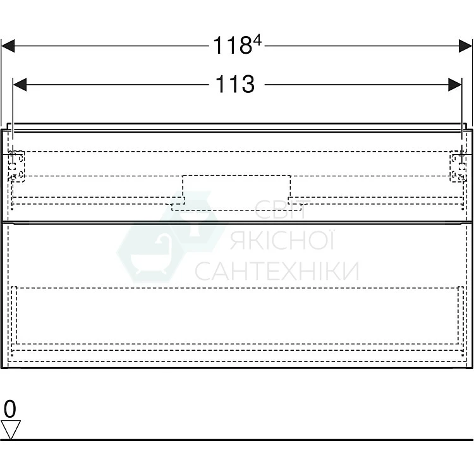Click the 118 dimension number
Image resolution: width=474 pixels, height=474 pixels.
(233, 46)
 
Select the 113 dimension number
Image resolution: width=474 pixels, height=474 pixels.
(235, 83)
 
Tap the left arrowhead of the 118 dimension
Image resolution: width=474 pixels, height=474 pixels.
(8, 46)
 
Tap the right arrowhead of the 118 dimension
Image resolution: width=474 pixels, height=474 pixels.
(465, 46)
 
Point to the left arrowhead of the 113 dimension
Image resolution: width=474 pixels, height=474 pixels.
(20, 85)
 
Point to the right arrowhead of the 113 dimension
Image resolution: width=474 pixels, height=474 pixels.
(455, 85)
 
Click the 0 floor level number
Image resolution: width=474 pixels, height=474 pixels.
(9, 409)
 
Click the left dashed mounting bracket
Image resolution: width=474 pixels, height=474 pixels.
(16, 166)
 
